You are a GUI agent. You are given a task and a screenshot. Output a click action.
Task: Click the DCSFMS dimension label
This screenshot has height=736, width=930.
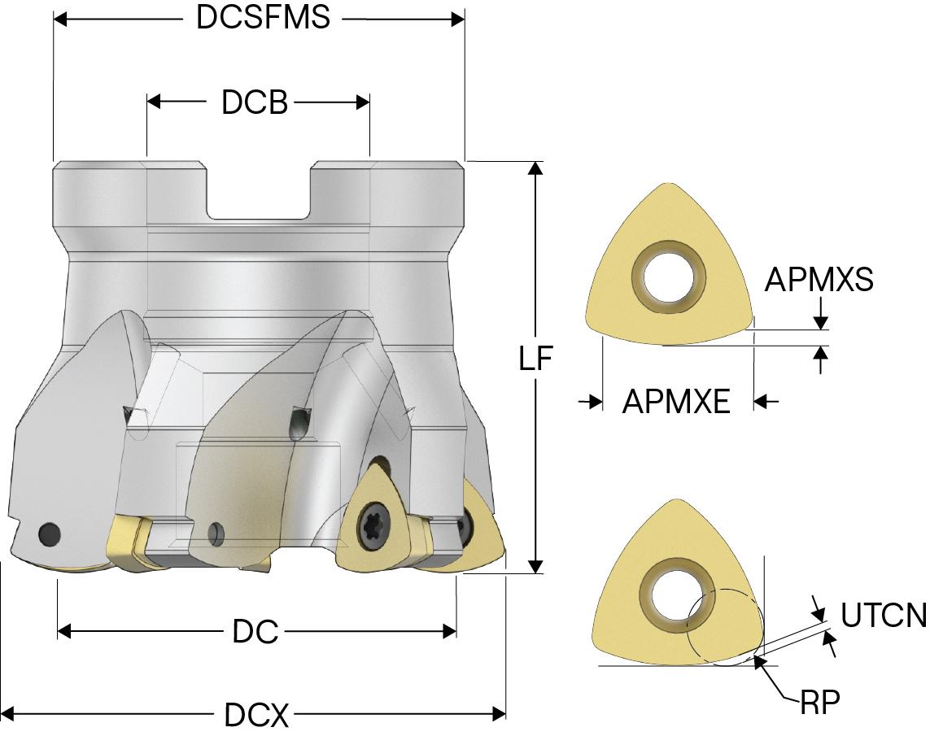[x=263, y=18]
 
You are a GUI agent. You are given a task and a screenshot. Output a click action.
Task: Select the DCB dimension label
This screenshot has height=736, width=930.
[x=254, y=102]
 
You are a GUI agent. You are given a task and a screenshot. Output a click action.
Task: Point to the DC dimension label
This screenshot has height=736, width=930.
[x=255, y=632]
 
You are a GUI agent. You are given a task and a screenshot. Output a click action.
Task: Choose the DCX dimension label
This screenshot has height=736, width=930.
[x=256, y=716]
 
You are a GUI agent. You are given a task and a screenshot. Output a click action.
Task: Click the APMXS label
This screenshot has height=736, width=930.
[x=819, y=280]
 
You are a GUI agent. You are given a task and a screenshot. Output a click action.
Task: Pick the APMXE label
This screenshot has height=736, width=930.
[x=676, y=401]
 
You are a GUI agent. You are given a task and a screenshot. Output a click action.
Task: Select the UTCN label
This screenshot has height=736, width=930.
[x=884, y=616]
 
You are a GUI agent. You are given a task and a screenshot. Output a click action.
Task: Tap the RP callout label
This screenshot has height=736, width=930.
[x=819, y=701]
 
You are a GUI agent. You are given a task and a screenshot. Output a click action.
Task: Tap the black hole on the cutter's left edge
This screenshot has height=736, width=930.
[x=50, y=533]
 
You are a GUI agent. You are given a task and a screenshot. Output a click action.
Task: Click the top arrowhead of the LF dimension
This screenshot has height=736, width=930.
[x=535, y=168]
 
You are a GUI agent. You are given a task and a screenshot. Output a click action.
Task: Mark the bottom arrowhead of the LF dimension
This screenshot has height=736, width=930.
[x=535, y=566]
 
